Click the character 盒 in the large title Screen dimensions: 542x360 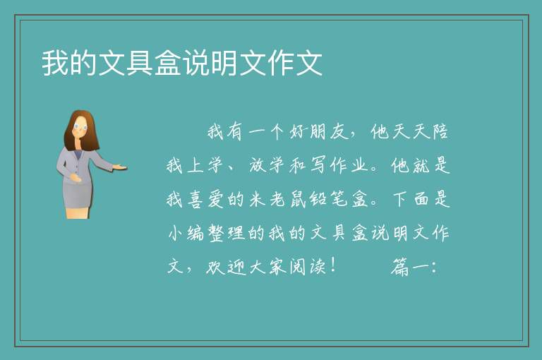169,63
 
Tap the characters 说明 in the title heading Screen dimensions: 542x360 210,63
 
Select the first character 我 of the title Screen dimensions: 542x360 55,63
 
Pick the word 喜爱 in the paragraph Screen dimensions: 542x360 206,199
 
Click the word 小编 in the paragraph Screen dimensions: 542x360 186,233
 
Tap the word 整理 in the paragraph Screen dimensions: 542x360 227,233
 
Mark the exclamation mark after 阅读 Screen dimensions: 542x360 333,266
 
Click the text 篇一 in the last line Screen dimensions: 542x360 410,267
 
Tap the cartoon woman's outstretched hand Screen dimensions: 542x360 120,167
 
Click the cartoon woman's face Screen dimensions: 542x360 80,127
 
